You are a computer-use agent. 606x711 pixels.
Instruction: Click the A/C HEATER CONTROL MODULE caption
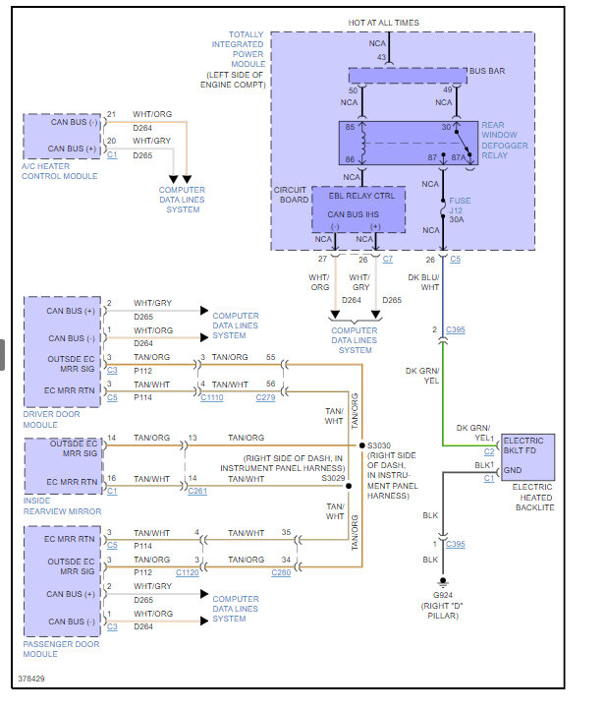60,170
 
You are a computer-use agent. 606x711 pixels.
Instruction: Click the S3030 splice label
378,444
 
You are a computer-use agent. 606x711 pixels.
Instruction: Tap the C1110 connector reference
211,397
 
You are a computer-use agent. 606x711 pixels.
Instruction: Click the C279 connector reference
265,397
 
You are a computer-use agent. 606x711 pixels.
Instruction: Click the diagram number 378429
32,679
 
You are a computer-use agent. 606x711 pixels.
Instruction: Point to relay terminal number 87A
458,158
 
